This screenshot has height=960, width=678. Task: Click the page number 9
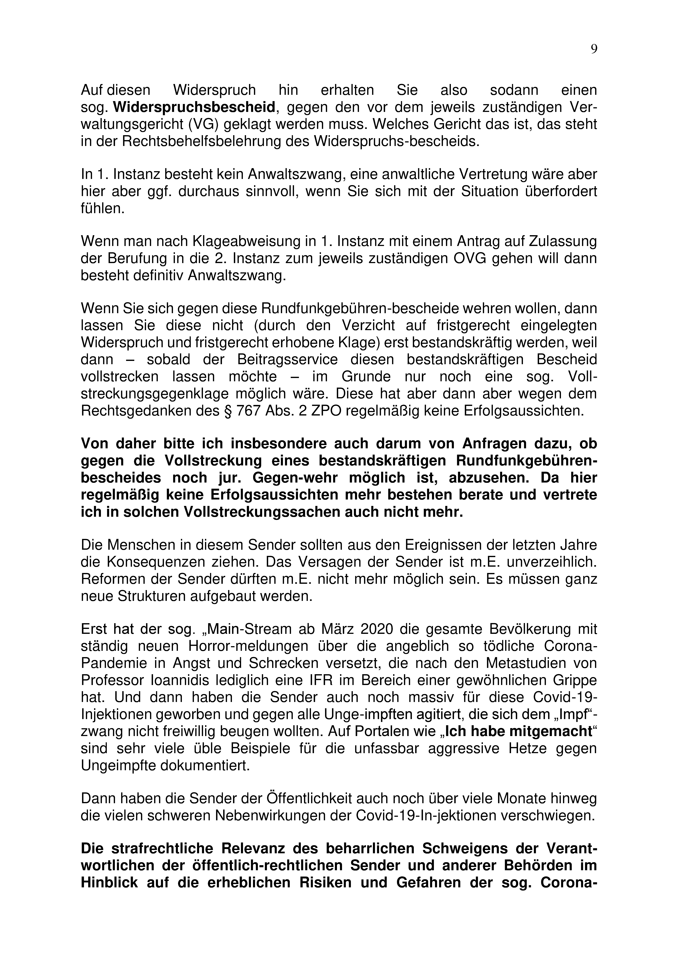click(594, 49)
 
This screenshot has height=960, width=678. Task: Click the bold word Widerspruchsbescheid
click(194, 107)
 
